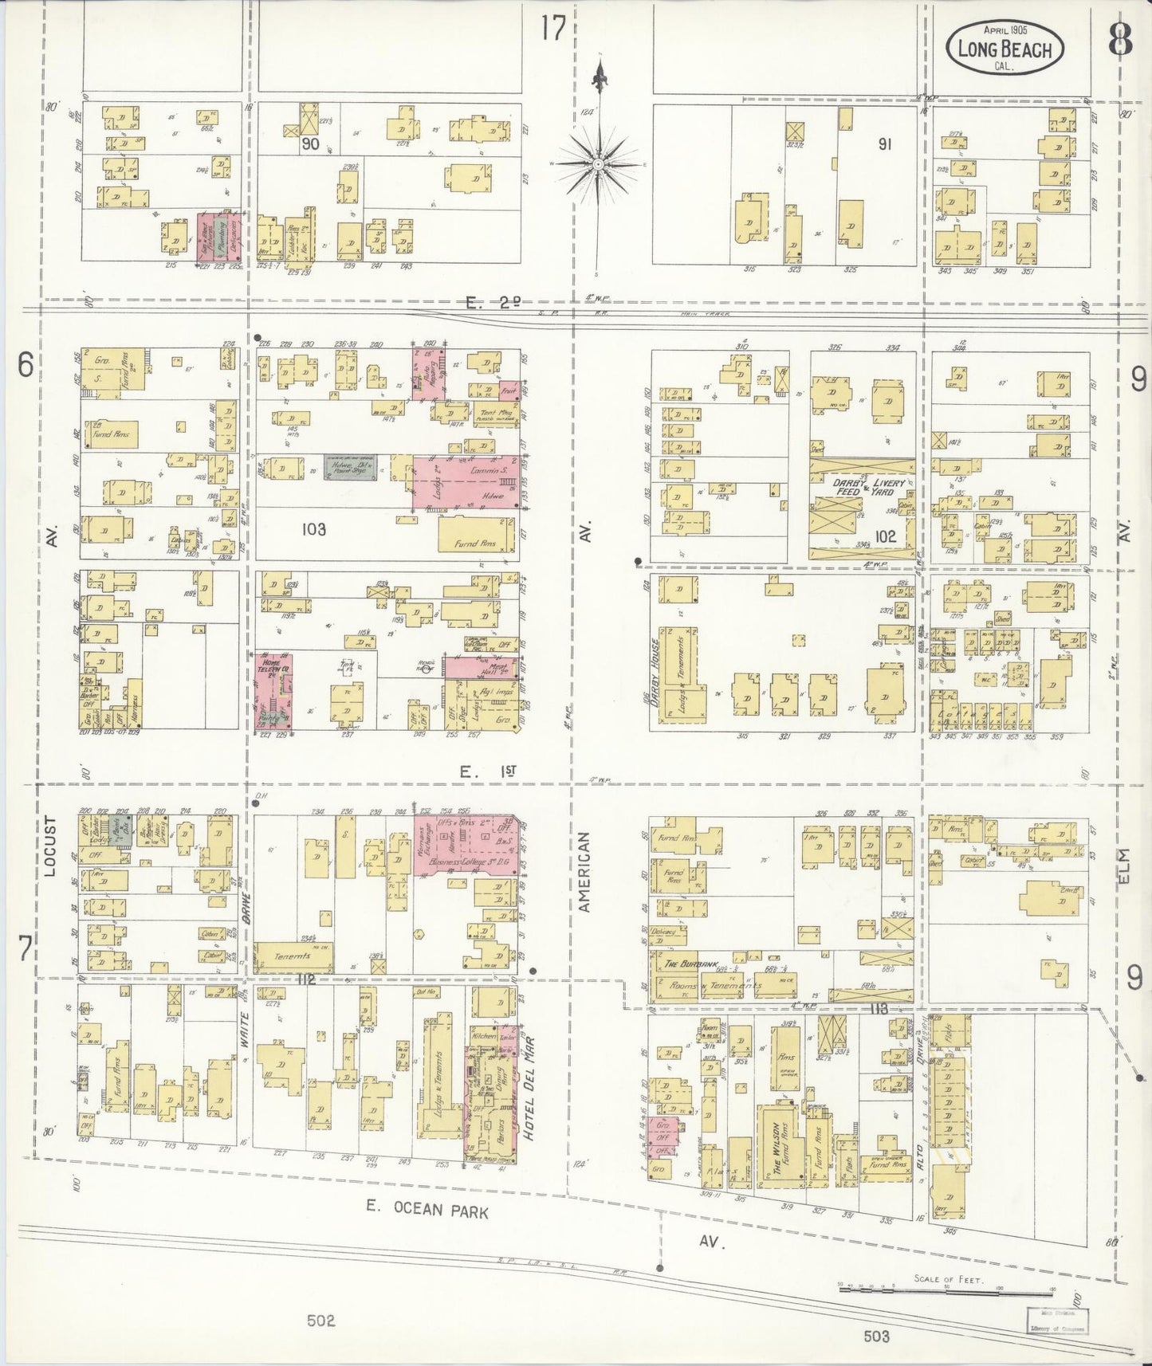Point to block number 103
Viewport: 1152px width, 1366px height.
click(313, 528)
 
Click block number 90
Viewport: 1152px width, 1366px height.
click(311, 145)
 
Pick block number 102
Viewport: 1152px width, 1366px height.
click(885, 536)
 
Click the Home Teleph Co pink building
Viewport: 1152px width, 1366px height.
click(273, 690)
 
